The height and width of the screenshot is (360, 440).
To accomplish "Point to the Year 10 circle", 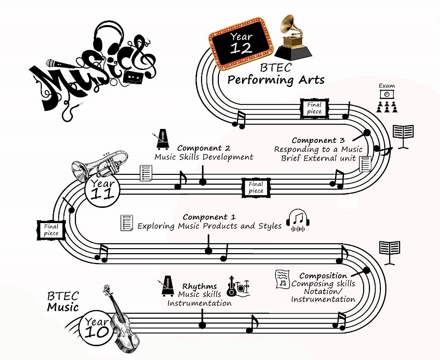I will click(x=96, y=326).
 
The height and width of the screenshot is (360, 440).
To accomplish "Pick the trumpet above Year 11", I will click(x=101, y=164).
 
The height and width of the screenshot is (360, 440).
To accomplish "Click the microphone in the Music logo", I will click(x=56, y=64).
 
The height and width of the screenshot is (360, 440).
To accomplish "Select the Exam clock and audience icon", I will click(x=387, y=100).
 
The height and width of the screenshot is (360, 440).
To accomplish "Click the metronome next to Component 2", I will click(x=163, y=140).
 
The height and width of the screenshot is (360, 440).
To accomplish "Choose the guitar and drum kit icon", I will click(x=238, y=286).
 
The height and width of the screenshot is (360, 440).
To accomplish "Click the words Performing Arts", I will click(x=276, y=80).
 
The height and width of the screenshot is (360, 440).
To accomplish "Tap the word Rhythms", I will click(x=200, y=286).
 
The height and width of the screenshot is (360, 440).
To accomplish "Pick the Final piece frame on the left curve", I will click(x=51, y=230).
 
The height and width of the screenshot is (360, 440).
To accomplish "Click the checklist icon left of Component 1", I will click(x=127, y=223).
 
